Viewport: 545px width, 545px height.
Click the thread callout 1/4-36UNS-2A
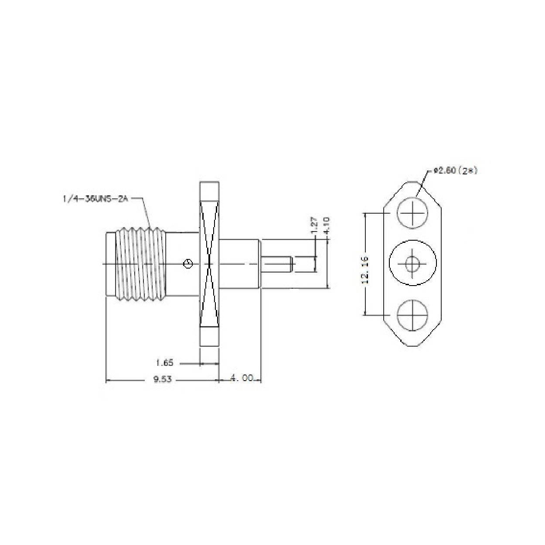pos(95,199)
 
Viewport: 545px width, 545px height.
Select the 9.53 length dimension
pos(162,379)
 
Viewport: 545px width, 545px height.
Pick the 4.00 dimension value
pos(241,379)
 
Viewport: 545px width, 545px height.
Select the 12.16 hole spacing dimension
pos(365,270)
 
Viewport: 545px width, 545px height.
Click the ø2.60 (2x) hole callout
pos(455,171)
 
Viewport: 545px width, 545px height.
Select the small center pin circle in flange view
pos(412,263)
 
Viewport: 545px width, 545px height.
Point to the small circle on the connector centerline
pos(187,264)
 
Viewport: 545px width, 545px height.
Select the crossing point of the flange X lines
pos(210,264)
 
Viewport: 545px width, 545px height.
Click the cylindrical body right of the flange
pos(239,264)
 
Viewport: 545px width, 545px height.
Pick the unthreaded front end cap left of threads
pos(110,264)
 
